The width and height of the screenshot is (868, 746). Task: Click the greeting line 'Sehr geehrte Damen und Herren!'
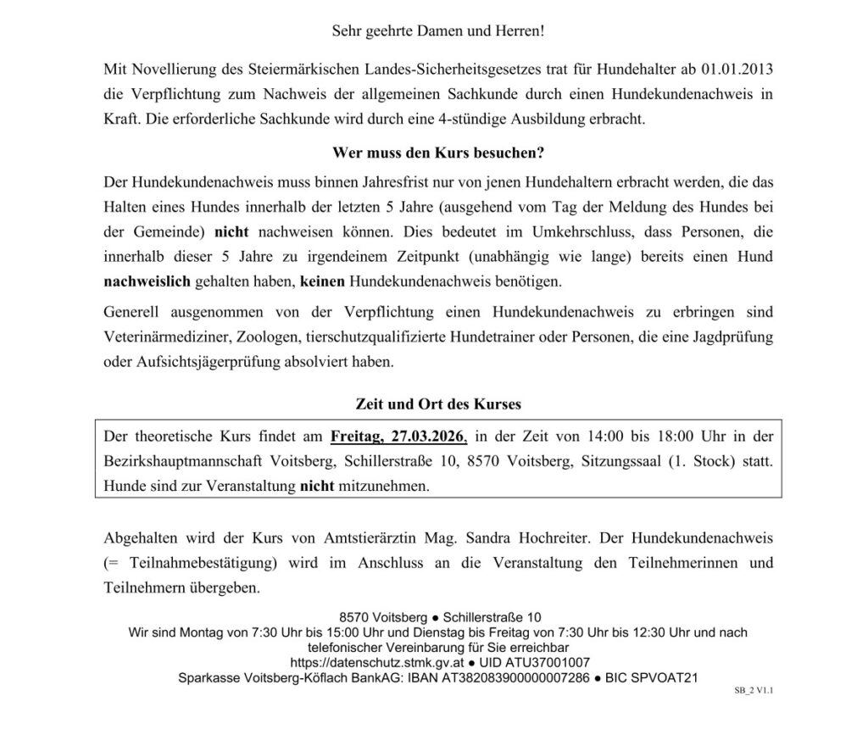[x=437, y=31]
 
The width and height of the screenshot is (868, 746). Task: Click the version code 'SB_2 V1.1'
[x=754, y=691]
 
